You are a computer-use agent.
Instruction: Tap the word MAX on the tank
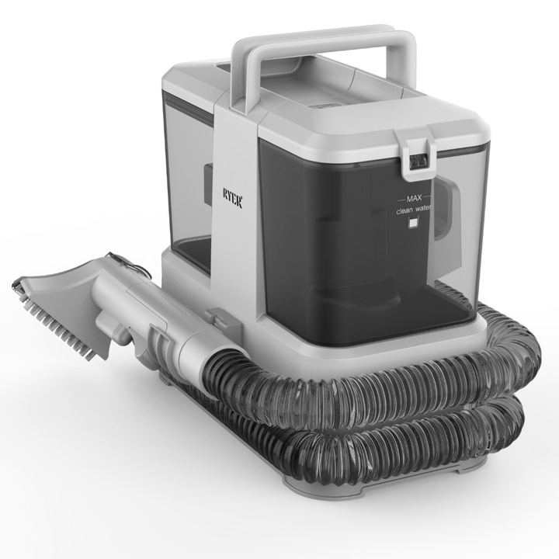point(410,198)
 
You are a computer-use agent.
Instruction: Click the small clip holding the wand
point(217,318)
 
